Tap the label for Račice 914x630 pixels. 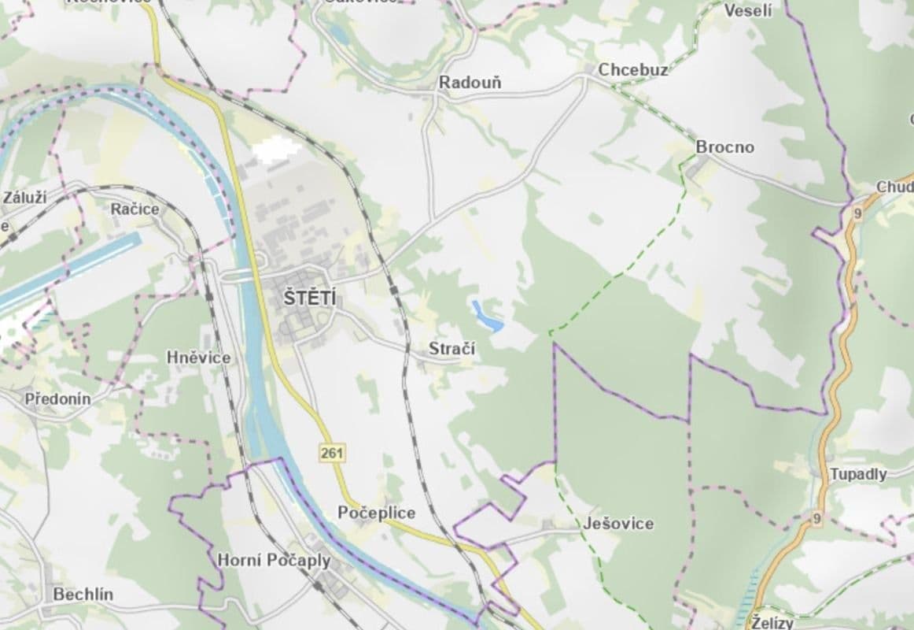pos(135,209)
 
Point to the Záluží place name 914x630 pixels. pos(24,197)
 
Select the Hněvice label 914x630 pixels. pos(199,358)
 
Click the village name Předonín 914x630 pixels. pos(57,398)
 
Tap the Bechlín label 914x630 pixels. pos(83,595)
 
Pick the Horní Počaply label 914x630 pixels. pos(274,561)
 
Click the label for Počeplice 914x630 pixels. pos(376,513)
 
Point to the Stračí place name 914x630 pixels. pos(451,348)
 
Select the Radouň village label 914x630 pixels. pos(470,83)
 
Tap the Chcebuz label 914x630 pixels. pos(633,70)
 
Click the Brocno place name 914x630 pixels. pos(724,147)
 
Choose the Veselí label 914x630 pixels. pos(747,10)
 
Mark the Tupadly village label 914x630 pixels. pos(858,474)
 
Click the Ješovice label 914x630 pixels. pos(618,523)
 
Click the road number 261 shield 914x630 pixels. pos(331,452)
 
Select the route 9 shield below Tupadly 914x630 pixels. pos(817,518)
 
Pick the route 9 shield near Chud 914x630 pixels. pos(857,213)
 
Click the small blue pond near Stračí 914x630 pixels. pos(488,317)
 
